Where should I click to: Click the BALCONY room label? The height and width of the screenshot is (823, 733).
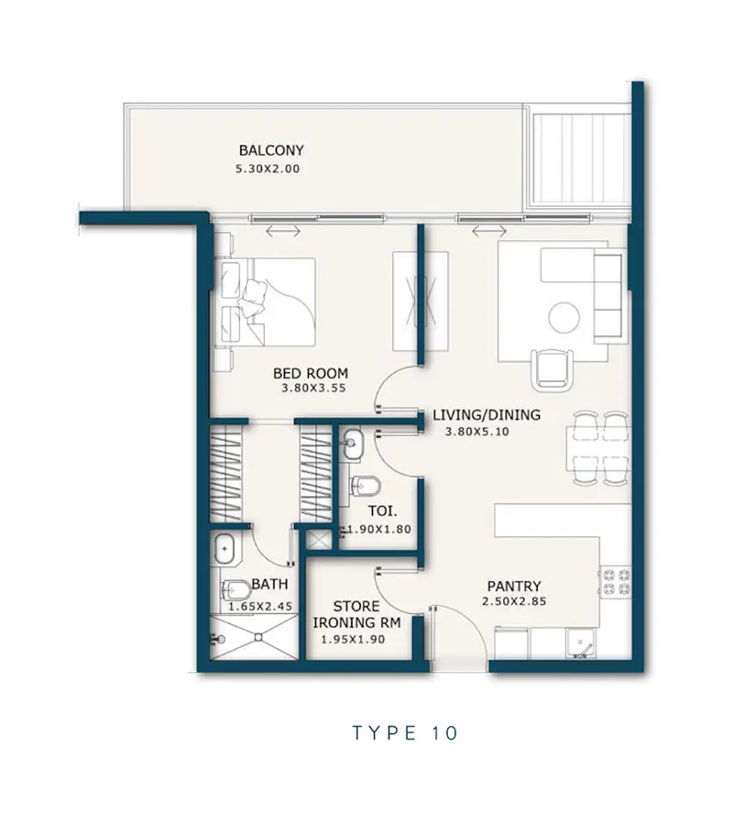coord(271,150)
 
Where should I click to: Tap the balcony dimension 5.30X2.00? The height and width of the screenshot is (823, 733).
coord(268,169)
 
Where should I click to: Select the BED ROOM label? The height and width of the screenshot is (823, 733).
coord(311,373)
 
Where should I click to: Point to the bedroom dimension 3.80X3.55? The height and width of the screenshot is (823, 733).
coord(313,389)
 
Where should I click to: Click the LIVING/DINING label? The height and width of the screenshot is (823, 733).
coord(487,414)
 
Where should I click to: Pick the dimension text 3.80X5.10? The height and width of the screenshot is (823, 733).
coord(477,432)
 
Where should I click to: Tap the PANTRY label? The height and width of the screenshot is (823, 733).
coord(514,586)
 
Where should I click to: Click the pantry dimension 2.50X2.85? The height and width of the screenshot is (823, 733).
coord(514,601)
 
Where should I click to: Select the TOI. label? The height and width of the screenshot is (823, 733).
coord(382,510)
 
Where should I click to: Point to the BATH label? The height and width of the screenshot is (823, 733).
coord(269,584)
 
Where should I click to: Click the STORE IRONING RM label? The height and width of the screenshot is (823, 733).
coord(356,614)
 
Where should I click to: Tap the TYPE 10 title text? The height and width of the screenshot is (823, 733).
coord(405,732)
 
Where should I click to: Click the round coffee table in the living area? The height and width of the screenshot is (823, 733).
coord(564,317)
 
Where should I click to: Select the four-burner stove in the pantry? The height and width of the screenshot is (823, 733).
coord(616,582)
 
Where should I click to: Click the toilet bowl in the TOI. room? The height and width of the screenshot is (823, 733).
coord(365,487)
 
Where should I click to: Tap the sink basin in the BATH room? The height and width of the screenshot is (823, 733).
coord(225,550)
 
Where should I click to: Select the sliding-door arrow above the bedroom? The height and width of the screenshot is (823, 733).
coord(283,230)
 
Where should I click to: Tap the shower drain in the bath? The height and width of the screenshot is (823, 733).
coord(258,637)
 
